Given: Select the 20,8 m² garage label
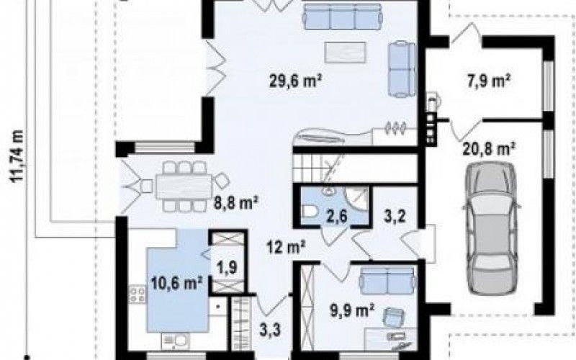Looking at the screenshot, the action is [x=488, y=149].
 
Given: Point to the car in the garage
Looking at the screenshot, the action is [x=491, y=228].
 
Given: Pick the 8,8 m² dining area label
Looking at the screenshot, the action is [x=236, y=202].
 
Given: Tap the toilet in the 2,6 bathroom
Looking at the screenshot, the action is [x=309, y=212].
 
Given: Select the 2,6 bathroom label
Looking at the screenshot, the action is [x=337, y=215].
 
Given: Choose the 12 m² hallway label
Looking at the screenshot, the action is [x=286, y=247].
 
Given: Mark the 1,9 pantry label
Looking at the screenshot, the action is [x=227, y=267].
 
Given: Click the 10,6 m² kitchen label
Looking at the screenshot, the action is [x=176, y=283].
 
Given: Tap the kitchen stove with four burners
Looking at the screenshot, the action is [x=137, y=294].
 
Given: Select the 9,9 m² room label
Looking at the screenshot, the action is [x=352, y=310].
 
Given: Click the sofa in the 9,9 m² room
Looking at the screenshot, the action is [x=388, y=280].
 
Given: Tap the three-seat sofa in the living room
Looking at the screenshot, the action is [x=343, y=16].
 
